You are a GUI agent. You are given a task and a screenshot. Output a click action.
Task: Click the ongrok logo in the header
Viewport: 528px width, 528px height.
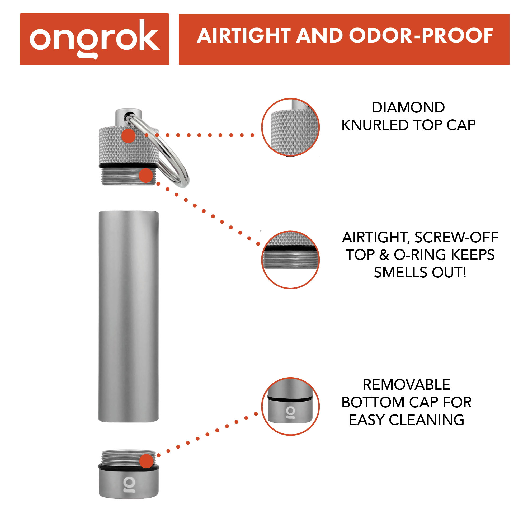[94, 39]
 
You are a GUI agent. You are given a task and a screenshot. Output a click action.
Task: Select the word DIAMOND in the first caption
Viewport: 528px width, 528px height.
[408, 107]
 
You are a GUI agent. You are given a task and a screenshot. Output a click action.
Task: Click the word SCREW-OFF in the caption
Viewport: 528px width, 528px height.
[456, 237]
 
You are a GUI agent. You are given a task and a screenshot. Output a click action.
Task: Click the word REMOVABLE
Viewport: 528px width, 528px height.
[406, 385]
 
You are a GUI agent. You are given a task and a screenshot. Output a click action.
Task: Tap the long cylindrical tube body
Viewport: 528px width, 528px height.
[129, 317]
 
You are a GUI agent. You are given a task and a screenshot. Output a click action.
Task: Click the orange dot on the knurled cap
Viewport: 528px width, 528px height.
[129, 136]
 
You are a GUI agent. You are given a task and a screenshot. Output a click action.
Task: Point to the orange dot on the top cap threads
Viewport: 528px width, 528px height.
[146, 175]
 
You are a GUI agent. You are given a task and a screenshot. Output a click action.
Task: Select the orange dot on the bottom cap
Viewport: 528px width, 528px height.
[147, 461]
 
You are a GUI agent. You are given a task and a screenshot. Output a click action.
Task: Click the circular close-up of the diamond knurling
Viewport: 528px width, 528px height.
[290, 127]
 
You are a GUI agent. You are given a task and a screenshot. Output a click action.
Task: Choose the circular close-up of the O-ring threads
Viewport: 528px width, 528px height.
[290, 260]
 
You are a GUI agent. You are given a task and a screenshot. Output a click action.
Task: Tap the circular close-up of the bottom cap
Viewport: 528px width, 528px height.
[290, 406]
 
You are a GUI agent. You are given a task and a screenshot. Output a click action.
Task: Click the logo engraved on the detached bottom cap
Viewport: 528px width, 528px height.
[129, 485]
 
